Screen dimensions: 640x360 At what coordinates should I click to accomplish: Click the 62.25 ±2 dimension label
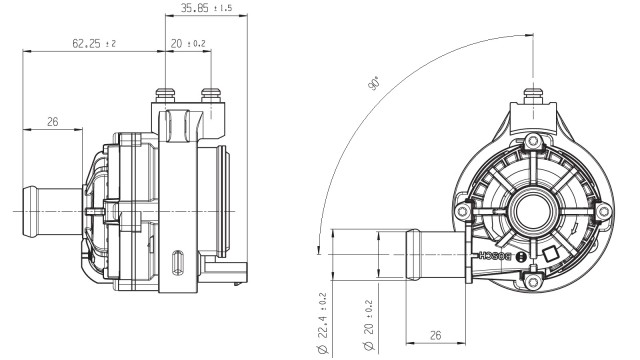(x=94, y=43)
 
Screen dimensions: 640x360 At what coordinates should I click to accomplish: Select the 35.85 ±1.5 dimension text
(x=206, y=8)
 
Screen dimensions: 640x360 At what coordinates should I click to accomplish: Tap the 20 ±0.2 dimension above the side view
(x=188, y=43)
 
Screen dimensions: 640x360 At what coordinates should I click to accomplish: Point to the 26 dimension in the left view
(x=53, y=122)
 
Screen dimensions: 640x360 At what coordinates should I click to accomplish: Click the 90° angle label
(x=374, y=83)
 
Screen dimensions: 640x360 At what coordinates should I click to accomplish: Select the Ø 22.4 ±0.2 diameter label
(x=322, y=323)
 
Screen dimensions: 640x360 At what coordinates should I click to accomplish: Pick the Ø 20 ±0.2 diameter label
(x=369, y=326)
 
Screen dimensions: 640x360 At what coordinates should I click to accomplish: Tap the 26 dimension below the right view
(x=436, y=335)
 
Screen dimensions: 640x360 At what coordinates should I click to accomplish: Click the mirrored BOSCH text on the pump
(x=495, y=256)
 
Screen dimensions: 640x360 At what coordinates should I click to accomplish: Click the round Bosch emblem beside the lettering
(x=521, y=257)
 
